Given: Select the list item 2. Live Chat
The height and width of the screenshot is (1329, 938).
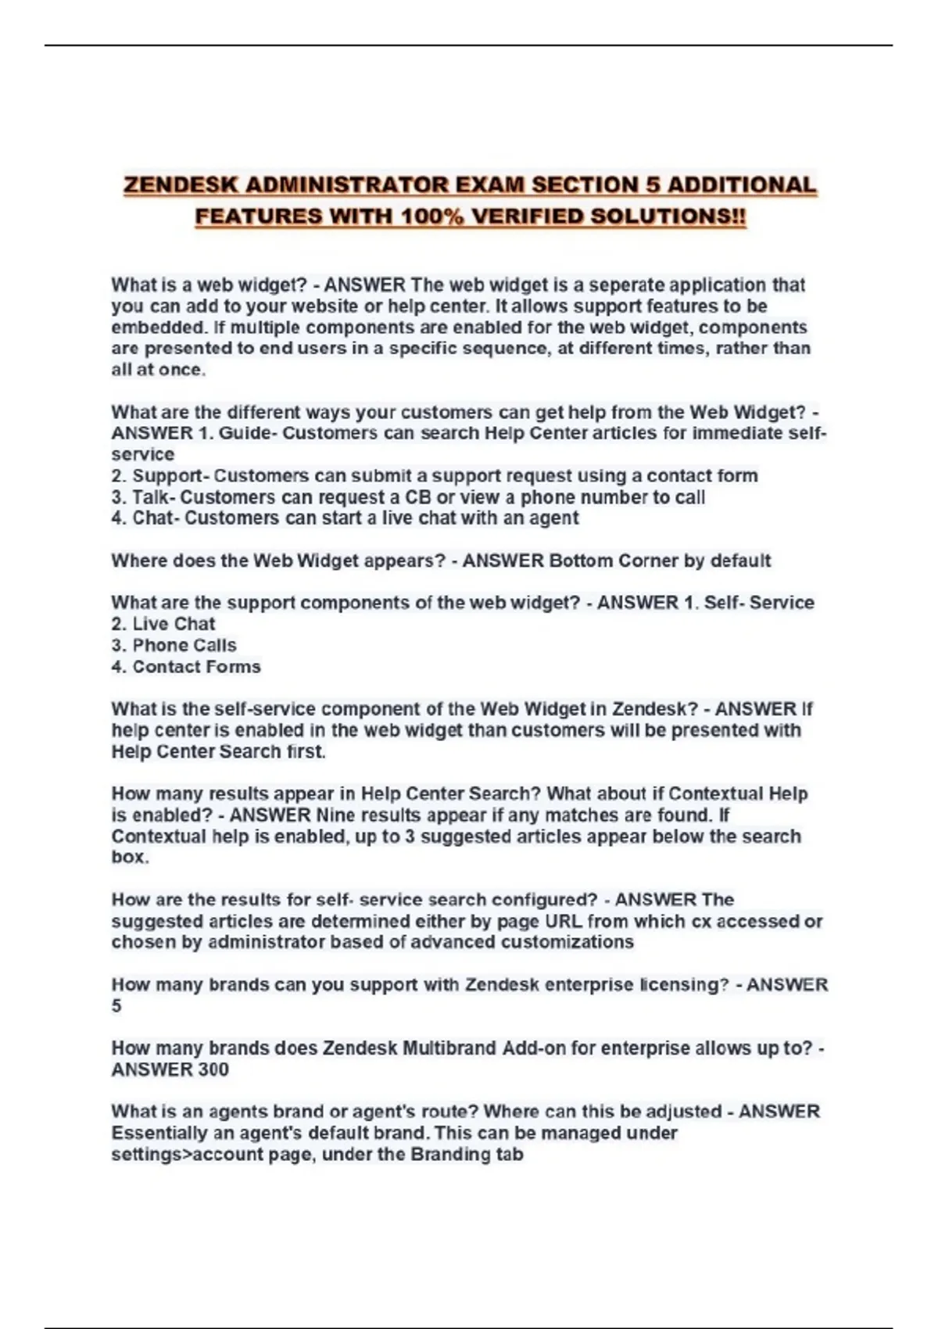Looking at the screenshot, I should pyautogui.click(x=163, y=624).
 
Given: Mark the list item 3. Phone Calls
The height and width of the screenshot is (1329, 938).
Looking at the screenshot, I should pyautogui.click(x=174, y=646).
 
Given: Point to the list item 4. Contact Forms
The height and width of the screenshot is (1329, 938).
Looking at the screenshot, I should pyautogui.click(x=186, y=667).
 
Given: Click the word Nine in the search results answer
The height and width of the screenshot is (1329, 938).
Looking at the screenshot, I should pyautogui.click(x=336, y=815).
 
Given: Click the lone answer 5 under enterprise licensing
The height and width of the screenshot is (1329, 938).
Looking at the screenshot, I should pyautogui.click(x=116, y=1006).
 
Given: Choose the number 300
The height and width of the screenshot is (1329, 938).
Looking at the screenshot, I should pyautogui.click(x=213, y=1069).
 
